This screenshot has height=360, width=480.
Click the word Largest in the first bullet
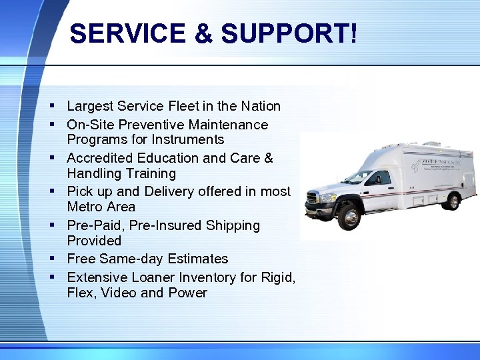click(90, 106)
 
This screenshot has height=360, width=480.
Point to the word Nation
click(259, 106)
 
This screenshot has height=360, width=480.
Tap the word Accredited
click(100, 158)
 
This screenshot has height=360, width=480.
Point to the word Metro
click(83, 207)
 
